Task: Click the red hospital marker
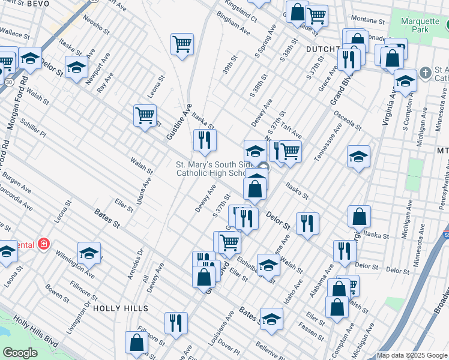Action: (x=43, y=244)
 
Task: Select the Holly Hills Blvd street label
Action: (x=37, y=332)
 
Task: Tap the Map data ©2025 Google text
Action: (x=412, y=355)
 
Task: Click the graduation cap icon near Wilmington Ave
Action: (x=89, y=253)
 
